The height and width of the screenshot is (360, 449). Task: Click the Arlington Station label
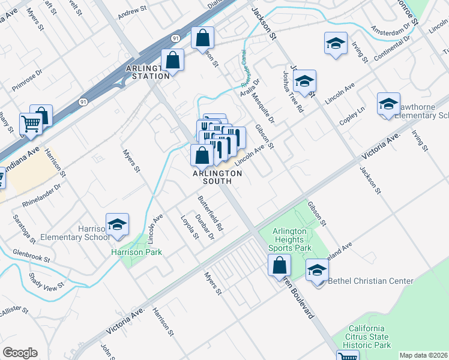click(148, 72)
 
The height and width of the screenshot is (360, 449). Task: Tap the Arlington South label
click(217, 178)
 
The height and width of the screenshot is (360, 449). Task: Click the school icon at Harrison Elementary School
click(117, 225)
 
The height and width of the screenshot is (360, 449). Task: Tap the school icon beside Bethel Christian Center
click(317, 271)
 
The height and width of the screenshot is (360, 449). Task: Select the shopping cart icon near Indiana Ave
click(31, 124)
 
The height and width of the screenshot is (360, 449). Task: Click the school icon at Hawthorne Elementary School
click(388, 104)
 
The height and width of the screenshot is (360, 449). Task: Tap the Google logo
click(20, 353)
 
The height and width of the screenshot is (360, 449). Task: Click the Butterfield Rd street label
click(211, 213)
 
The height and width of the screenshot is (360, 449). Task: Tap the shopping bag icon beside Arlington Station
click(172, 61)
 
